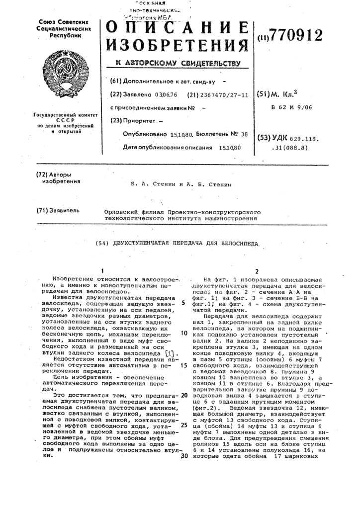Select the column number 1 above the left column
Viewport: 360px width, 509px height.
100,271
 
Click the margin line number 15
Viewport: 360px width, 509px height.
183,365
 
